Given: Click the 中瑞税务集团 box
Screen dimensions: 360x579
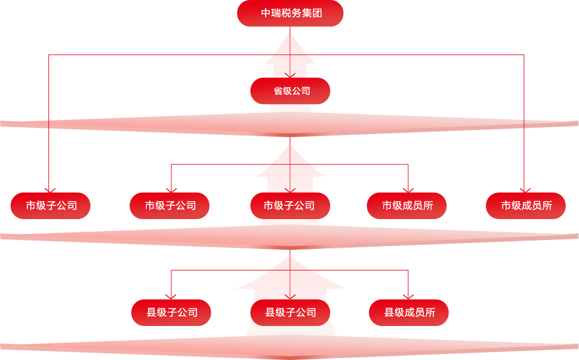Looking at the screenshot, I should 290,13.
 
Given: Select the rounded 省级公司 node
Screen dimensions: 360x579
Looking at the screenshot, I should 290,91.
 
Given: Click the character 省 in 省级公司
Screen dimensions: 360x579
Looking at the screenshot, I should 278,91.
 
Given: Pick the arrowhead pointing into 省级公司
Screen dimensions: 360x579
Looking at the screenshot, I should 290,75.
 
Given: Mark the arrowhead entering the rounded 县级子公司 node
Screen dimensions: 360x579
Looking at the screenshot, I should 290,296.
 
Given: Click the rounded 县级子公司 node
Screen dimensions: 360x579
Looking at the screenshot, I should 290,312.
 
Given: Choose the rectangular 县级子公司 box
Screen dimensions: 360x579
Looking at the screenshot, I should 171,312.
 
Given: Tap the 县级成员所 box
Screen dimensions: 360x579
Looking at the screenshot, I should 409,312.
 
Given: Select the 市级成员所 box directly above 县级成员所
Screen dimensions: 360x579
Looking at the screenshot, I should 407,206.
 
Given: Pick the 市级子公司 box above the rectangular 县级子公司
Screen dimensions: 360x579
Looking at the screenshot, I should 170,206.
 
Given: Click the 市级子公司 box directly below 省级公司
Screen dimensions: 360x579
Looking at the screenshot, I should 289,206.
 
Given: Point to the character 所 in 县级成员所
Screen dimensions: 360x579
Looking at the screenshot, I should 430,312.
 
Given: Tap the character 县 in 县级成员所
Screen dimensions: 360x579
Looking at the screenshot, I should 389,312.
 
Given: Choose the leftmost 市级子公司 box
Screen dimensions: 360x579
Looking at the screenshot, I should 51,206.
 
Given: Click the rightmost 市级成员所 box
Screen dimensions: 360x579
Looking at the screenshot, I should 526,206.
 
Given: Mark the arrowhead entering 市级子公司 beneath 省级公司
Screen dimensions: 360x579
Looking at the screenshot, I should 290,190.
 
